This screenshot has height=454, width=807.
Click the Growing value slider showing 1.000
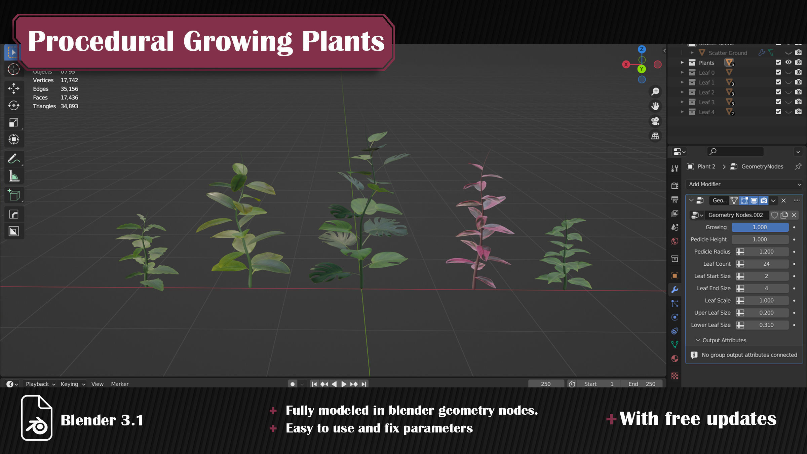point(760,227)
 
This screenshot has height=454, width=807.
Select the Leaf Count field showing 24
point(766,264)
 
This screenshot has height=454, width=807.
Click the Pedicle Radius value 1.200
point(766,252)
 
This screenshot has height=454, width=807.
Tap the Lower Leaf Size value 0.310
point(766,325)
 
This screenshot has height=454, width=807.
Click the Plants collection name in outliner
point(706,63)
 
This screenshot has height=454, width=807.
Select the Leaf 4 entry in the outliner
point(706,112)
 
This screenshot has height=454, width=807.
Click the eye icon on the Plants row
point(788,62)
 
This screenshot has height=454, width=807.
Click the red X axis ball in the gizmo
point(626,65)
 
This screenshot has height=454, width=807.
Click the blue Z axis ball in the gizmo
point(642,49)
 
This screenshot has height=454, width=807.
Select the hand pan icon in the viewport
point(655,106)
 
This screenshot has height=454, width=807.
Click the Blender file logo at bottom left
point(36,418)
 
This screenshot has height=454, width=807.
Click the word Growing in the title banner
point(237,41)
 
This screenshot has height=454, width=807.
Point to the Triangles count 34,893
point(69,106)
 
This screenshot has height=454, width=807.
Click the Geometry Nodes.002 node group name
point(735,215)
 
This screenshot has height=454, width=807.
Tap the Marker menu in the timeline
point(120,384)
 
